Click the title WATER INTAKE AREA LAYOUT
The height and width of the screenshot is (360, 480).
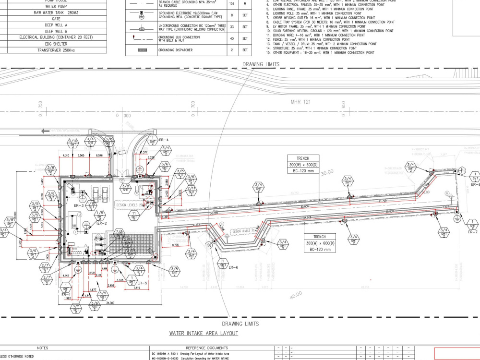click(x=204, y=333)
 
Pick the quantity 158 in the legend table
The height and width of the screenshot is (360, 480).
click(x=232, y=3)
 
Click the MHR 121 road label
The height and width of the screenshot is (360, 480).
click(x=301, y=102)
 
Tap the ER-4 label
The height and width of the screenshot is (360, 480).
click(x=164, y=140)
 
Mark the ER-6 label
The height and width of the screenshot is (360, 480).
click(x=234, y=267)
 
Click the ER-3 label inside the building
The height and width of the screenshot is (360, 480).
click(x=79, y=205)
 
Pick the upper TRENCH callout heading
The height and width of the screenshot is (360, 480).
click(x=303, y=158)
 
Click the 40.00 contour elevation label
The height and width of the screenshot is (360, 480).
click(x=296, y=293)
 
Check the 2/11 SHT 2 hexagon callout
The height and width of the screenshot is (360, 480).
click(x=191, y=189)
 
